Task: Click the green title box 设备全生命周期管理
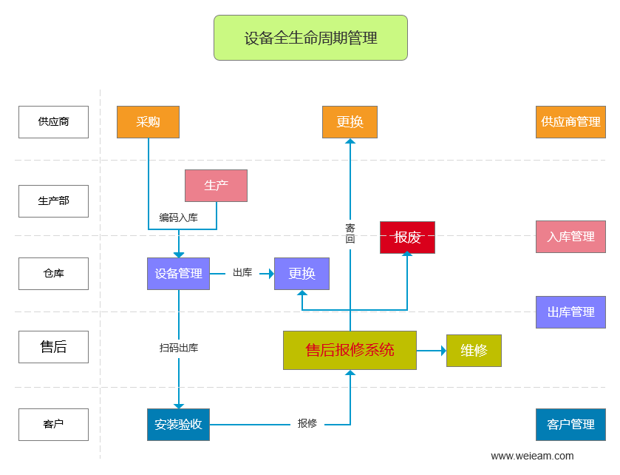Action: tap(310, 38)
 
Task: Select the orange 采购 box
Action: tap(148, 122)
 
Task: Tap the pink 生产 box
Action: tap(216, 186)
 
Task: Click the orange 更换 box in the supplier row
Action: tap(350, 122)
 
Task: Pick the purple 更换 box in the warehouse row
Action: tap(302, 274)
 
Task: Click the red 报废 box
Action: tap(407, 237)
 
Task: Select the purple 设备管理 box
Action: tap(178, 274)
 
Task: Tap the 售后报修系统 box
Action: tap(350, 350)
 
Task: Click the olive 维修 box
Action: tap(474, 351)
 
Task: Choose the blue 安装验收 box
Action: tap(178, 425)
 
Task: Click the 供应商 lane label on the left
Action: tap(53, 122)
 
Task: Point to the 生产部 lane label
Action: tap(53, 201)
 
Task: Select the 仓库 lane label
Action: tap(53, 274)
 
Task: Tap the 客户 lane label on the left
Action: tap(53, 425)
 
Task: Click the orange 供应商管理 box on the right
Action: tap(570, 122)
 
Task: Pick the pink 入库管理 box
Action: tap(570, 237)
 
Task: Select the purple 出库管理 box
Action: tap(570, 312)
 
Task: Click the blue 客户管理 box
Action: tap(570, 425)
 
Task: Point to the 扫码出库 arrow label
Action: tap(178, 348)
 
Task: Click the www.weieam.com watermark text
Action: tap(532, 456)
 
